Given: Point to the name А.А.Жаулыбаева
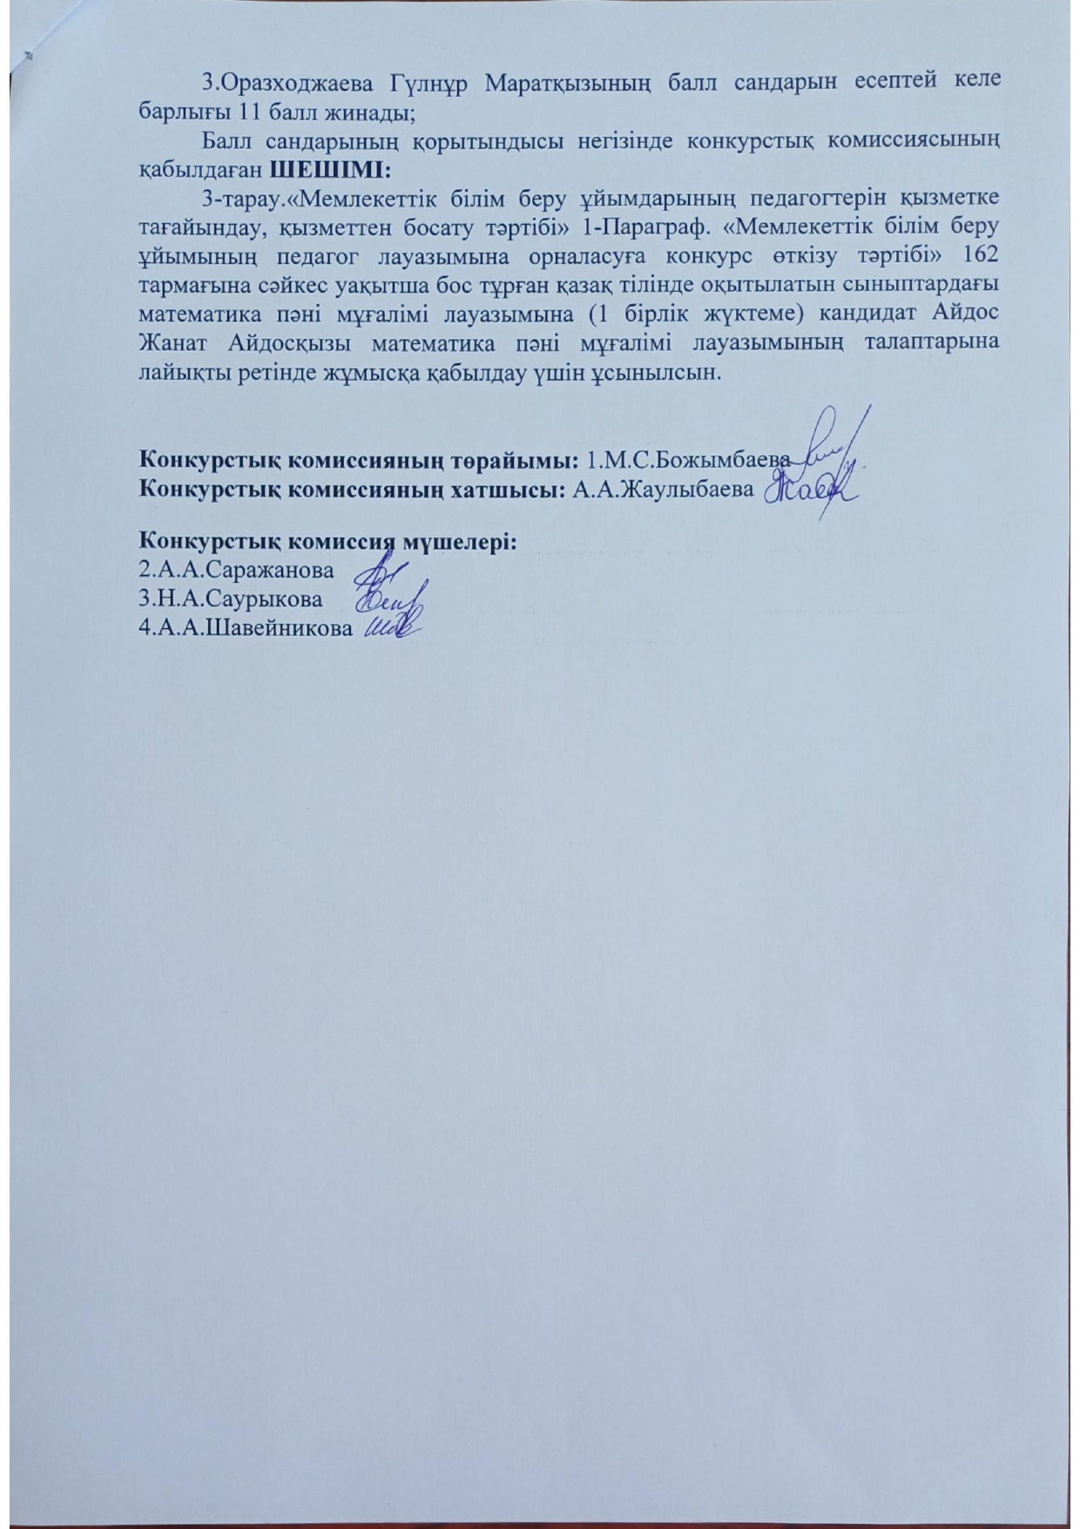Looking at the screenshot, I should [x=663, y=490].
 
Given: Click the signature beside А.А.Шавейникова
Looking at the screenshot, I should [x=392, y=627].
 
